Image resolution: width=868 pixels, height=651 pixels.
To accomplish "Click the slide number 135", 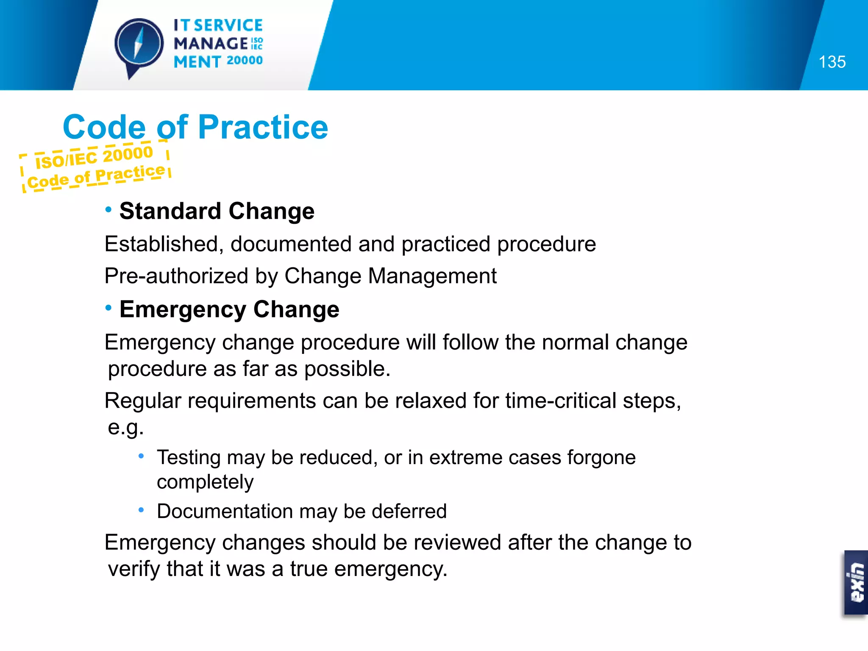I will (832, 62).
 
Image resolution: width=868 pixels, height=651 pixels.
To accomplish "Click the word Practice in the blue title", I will (263, 127).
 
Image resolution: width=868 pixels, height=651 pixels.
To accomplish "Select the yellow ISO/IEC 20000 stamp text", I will (94, 156).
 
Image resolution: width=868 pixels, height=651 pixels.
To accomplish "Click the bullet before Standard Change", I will (108, 209).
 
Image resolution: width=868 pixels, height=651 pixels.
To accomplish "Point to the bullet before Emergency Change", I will (108, 308).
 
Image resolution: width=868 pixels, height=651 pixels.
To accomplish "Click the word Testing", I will (189, 457).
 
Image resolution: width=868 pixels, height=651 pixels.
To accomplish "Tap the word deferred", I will (409, 511).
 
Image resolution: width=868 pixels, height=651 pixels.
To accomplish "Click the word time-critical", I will (560, 401).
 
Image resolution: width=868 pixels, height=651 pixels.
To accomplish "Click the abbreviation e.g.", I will (125, 427).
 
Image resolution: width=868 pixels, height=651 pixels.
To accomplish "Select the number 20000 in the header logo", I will (245, 61).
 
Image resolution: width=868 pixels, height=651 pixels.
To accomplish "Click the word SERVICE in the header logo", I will (228, 25).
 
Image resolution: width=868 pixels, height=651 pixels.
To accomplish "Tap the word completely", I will (205, 482).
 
